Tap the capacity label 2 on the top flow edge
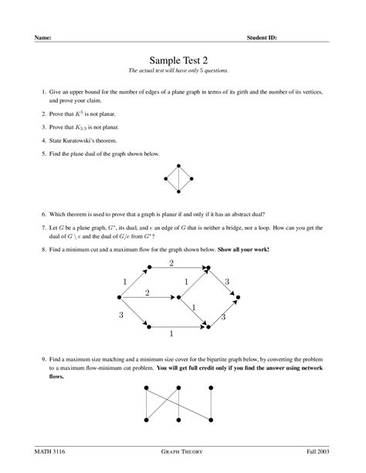click(171, 263)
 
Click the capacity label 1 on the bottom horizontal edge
click(171, 334)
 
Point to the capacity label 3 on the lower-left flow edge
click(120, 315)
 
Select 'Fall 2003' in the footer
click(317, 449)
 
